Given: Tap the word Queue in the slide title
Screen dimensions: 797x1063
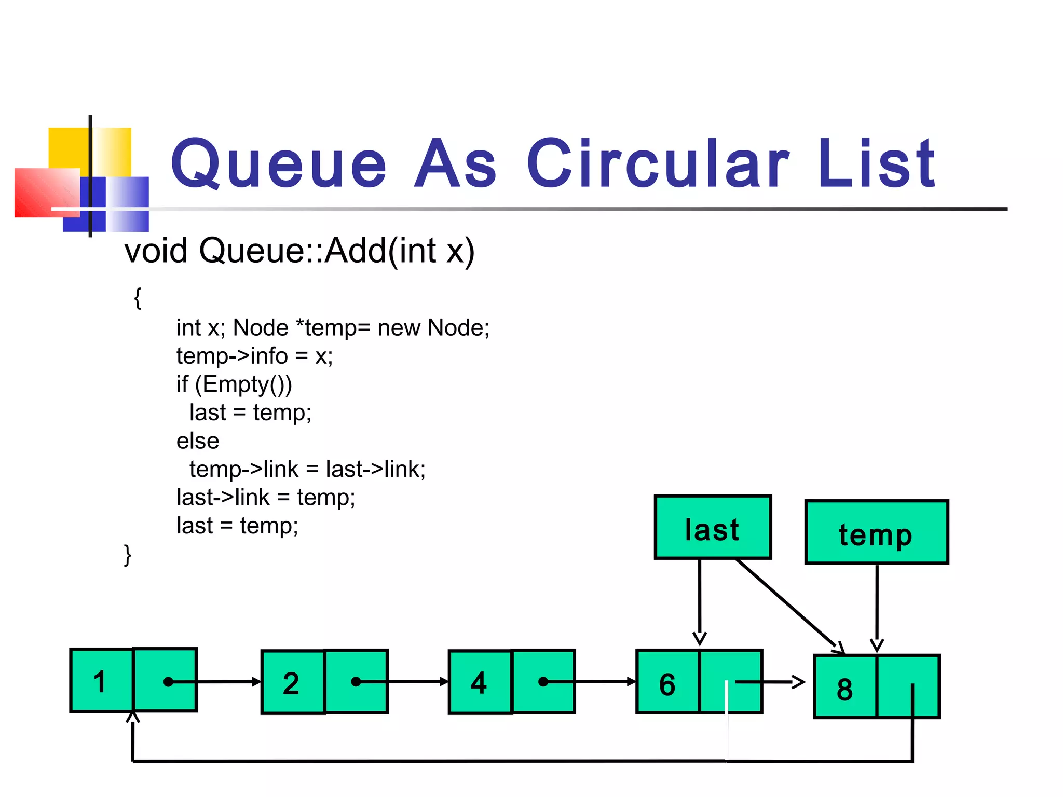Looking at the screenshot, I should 278,165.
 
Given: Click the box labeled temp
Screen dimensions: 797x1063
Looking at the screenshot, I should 876,532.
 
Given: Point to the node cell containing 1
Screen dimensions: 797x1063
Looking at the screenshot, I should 102,681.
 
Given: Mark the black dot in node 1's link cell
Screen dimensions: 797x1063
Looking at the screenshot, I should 168,682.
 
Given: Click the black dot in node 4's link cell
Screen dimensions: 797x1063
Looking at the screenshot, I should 543,682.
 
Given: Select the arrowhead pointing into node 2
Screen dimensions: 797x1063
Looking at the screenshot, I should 256,682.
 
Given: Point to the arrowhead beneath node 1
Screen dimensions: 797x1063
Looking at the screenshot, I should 133,718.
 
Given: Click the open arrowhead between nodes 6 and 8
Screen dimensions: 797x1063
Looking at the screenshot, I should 798,682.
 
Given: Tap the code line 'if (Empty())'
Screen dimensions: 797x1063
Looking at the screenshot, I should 234,384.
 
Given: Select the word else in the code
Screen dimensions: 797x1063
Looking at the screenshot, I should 198,441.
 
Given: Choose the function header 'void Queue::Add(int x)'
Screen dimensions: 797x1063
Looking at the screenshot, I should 299,251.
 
